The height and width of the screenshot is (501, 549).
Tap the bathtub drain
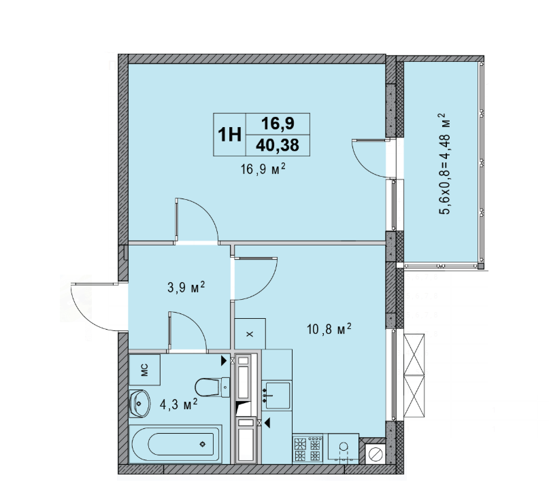pyautogui.click(x=203, y=445)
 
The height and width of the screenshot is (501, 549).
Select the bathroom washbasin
pyautogui.click(x=139, y=402)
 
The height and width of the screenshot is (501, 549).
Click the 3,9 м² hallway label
pyautogui.click(x=186, y=288)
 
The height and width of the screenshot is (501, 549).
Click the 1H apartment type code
pyautogui.click(x=229, y=134)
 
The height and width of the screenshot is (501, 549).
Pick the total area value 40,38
pyautogui.click(x=278, y=144)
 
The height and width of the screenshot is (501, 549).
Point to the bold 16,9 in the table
pyautogui.click(x=278, y=123)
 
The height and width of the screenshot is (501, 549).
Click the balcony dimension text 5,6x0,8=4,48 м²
pyautogui.click(x=446, y=164)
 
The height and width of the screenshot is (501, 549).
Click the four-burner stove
pyautogui.click(x=307, y=449)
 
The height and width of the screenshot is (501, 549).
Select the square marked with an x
pyautogui.click(x=249, y=334)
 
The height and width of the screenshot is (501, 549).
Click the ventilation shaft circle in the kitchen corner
pyautogui.click(x=375, y=453)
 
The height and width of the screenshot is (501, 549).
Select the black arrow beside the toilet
pyautogui.click(x=224, y=362)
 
